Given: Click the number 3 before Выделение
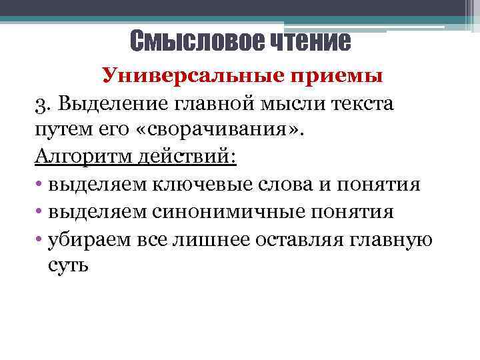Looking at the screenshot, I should coord(41,104).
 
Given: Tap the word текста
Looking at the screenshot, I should coord(361,104).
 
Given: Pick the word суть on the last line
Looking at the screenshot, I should coord(68,265).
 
